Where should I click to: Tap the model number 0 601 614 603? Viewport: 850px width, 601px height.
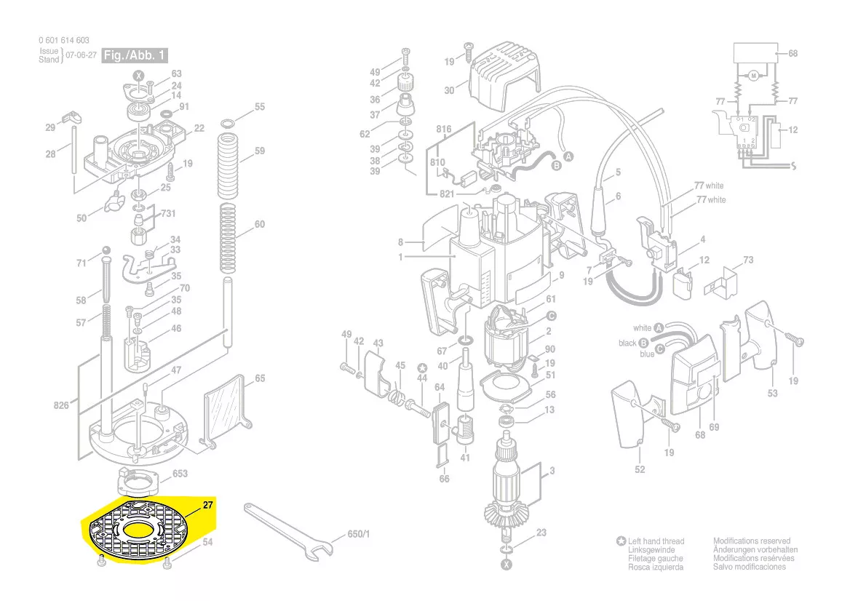(x=64, y=41)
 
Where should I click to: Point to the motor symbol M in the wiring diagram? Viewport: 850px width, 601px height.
(x=754, y=76)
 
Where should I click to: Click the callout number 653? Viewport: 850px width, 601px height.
(x=180, y=474)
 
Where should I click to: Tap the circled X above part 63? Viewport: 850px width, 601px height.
(x=138, y=75)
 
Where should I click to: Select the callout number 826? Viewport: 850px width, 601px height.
(x=61, y=405)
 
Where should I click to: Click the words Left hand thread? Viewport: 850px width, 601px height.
(x=656, y=541)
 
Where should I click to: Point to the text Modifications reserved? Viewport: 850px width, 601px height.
(x=751, y=541)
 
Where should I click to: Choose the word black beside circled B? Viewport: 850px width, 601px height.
(x=627, y=343)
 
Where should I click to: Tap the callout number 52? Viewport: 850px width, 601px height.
(x=640, y=469)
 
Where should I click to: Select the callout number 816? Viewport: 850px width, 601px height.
(x=444, y=130)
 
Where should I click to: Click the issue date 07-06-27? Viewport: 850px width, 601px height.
(x=81, y=55)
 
